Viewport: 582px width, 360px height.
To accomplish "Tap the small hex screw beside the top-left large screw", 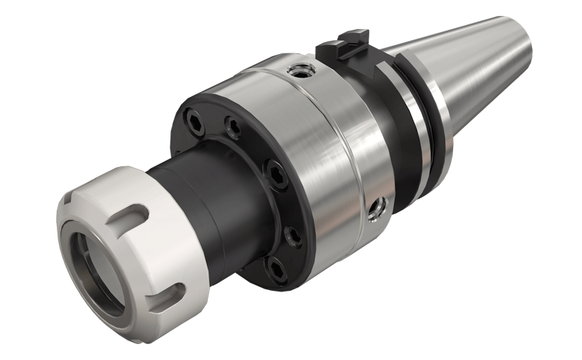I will pos(232,125).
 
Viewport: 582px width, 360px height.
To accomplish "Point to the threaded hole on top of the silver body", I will pos(299,69).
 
